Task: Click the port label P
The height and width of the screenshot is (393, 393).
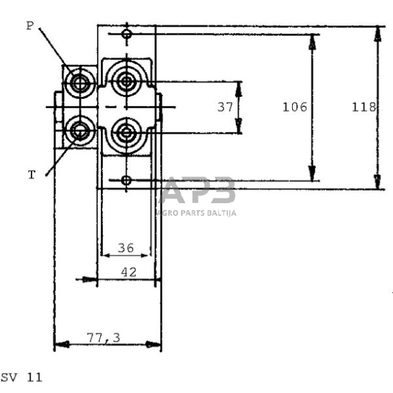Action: pyautogui.click(x=29, y=25)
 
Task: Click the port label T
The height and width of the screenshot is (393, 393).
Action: pyautogui.click(x=31, y=175)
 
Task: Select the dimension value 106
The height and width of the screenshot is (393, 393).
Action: pyautogui.click(x=295, y=107)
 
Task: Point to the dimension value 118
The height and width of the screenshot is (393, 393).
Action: pyautogui.click(x=364, y=107)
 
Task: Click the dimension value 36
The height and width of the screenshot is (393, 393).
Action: pyautogui.click(x=124, y=248)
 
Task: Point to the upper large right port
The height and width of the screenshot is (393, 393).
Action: pyautogui.click(x=126, y=83)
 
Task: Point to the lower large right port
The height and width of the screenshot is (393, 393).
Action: pyautogui.click(x=126, y=129)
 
